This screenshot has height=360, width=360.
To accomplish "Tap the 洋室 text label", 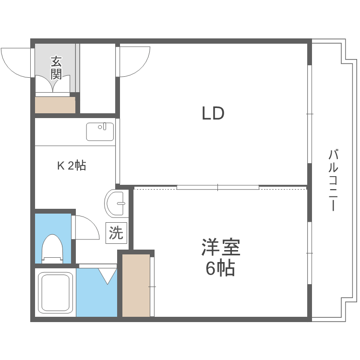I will [x=220, y=248].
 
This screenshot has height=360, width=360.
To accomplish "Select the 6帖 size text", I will [x=220, y=268].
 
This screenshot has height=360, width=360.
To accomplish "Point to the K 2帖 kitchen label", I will [x=72, y=166].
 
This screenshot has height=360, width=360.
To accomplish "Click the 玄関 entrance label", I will [x=57, y=67].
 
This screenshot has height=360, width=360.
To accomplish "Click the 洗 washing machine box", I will [x=116, y=233].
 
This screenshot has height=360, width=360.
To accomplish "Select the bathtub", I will [x=56, y=292].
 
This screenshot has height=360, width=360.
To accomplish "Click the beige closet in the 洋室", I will [x=136, y=285].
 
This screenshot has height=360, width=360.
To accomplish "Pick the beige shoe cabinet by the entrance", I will [x=55, y=105].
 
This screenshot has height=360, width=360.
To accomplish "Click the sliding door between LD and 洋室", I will [x=217, y=187].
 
